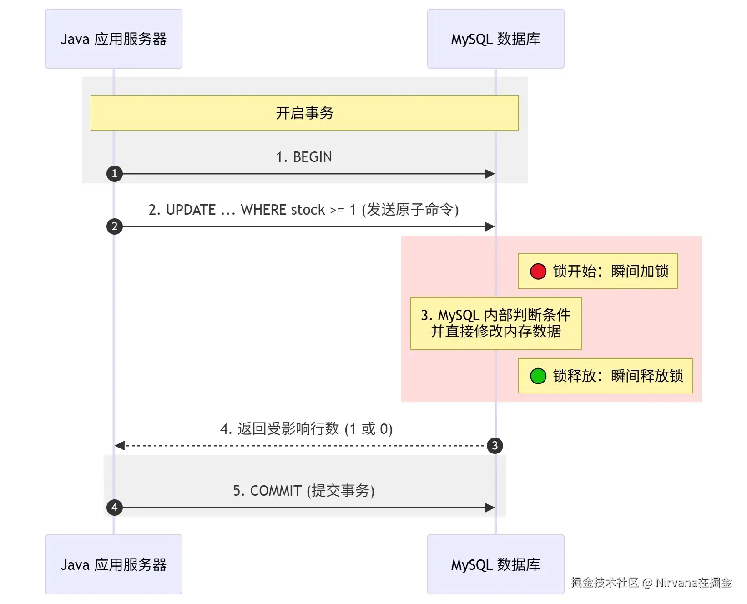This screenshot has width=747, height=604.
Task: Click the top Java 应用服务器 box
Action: pos(114,39)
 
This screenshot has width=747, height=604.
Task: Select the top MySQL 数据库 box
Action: pos(496,39)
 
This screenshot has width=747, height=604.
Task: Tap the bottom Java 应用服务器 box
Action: pos(114,564)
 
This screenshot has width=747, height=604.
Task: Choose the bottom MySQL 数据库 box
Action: pos(496,564)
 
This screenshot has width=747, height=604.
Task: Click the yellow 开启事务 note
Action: pos(305,113)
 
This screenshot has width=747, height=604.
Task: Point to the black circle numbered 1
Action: pos(115,174)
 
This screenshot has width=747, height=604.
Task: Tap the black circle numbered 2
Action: pos(115,226)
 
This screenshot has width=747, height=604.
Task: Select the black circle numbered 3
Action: pos(495,446)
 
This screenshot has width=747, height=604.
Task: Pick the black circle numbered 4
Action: pos(115,508)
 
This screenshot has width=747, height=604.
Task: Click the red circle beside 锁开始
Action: pos(538,271)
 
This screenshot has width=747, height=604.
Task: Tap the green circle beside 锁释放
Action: pos(538,376)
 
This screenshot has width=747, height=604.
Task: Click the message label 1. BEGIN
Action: pos(304,157)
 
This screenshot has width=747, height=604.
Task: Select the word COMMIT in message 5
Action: pos(276,491)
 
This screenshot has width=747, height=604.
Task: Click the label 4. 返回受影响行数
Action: pos(280,429)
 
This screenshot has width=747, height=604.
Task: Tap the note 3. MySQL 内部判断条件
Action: pos(496,323)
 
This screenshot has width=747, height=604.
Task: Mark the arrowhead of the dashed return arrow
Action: pos(120,446)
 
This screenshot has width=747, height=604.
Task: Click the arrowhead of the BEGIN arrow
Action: pos(490,174)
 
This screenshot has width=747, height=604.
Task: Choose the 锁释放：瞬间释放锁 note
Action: pos(606,376)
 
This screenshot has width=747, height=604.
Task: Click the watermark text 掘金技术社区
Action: pos(605,583)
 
